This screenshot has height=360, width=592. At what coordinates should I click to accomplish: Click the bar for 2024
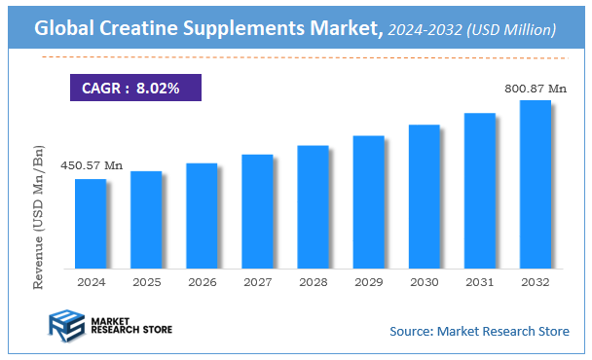[x=90, y=223]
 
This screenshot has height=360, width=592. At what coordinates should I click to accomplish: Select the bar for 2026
[x=201, y=215]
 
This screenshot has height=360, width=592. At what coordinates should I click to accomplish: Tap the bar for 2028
[x=313, y=206]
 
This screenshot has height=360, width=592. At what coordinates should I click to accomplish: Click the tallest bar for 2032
[x=535, y=184]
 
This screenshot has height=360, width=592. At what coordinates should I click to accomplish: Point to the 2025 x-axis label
[x=146, y=281]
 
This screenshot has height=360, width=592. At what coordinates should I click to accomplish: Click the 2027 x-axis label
[x=257, y=281]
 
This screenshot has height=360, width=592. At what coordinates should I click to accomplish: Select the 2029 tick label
[x=368, y=281]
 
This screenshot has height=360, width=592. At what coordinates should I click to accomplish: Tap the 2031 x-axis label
[x=479, y=281]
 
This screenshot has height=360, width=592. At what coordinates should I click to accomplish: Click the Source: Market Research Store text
[x=479, y=331]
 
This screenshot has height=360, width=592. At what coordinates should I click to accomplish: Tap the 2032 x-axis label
[x=535, y=281]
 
